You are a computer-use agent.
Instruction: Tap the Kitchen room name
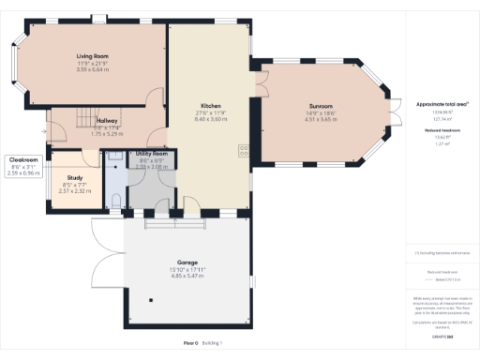pos(208,106)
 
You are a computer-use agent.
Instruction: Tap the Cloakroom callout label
pos(23,160)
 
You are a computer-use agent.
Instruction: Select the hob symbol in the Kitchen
pos(242,148)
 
